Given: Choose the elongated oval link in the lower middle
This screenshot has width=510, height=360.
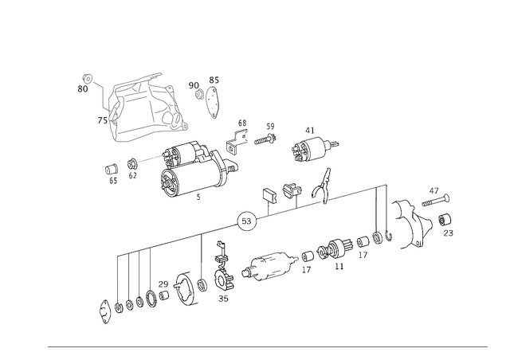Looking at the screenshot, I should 269,268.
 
